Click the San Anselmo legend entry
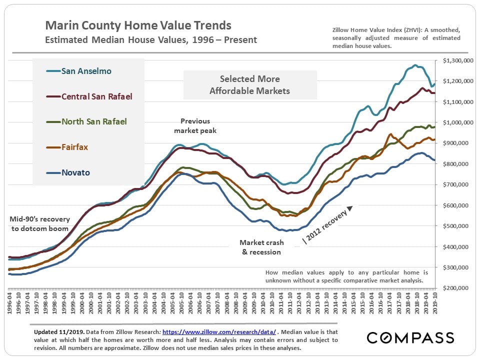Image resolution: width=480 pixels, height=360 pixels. click(x=86, y=71)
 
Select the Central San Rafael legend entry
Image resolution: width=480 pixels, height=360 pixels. click(x=96, y=96)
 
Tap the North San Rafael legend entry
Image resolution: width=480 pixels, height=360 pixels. click(x=94, y=121)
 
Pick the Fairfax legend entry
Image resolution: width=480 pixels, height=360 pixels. click(x=75, y=147)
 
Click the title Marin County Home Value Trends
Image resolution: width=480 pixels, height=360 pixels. click(x=138, y=25)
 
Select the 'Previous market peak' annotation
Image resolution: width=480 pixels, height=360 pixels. click(x=195, y=125)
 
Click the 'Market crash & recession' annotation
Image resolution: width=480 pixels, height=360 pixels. click(x=261, y=247)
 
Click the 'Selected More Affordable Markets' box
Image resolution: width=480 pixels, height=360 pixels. click(x=250, y=85)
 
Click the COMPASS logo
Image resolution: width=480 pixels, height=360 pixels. click(x=409, y=337)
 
